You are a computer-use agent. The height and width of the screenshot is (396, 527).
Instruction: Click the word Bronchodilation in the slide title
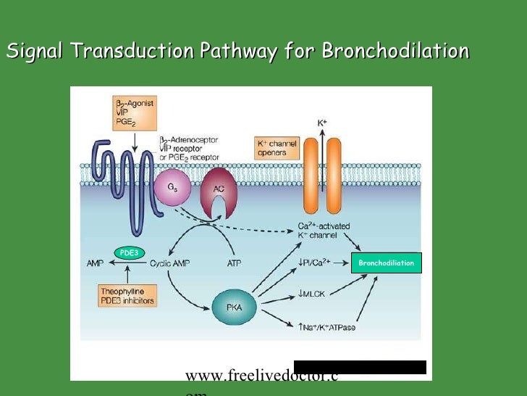pyautogui.click(x=395, y=51)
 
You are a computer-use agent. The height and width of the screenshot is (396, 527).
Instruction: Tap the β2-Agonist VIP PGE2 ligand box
pyautogui.click(x=135, y=112)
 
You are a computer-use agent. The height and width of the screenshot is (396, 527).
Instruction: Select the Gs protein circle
pyautogui.click(x=172, y=189)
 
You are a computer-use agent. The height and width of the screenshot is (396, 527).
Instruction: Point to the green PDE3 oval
pyautogui.click(x=129, y=252)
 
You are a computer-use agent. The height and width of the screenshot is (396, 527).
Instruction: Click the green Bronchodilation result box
pyautogui.click(x=387, y=263)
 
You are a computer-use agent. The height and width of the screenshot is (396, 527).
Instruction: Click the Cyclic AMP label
pyautogui.click(x=170, y=264)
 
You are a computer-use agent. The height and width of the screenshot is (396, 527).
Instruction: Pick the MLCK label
pyautogui.click(x=317, y=294)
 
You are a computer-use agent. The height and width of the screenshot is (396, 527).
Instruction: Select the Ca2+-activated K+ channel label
pyautogui.click(x=324, y=231)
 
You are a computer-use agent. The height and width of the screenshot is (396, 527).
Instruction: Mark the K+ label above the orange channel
pyautogui.click(x=323, y=124)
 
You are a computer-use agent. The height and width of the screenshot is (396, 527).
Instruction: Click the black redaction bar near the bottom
pyautogui.click(x=360, y=367)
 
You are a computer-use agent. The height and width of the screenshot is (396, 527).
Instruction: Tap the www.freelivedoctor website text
pyautogui.click(x=261, y=376)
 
